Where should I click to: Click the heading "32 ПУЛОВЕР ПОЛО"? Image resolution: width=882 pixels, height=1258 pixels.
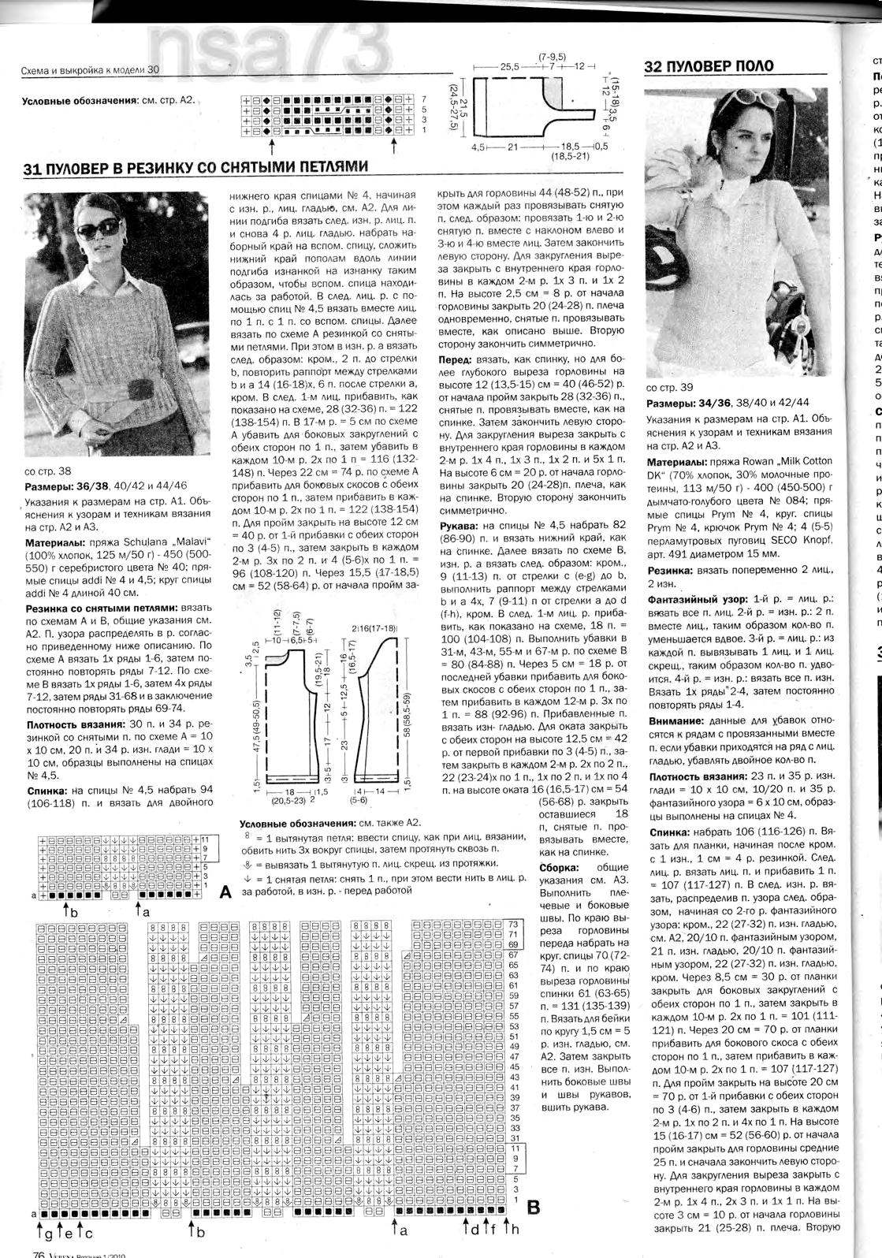(x=709, y=66)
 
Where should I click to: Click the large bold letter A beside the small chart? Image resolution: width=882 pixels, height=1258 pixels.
(x=225, y=893)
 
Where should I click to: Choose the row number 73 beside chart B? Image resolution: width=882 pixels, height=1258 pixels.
(x=512, y=924)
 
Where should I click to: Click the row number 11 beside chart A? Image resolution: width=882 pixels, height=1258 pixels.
(x=204, y=839)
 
